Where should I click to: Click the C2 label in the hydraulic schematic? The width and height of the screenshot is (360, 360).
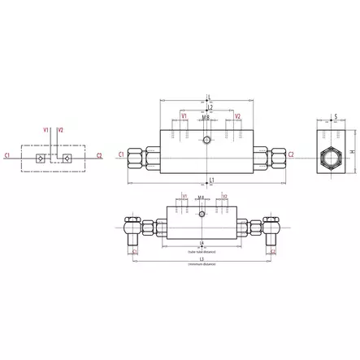pos(100,153)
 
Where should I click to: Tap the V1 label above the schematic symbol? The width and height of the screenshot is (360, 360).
pos(46,128)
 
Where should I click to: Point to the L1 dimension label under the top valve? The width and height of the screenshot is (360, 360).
pos(210,180)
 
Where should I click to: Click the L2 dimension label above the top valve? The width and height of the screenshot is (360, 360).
pos(210,106)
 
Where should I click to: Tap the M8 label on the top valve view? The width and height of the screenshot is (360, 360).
pos(206,118)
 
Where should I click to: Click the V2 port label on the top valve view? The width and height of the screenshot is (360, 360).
pos(237,117)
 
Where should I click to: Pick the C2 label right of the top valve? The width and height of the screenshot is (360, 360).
pos(290,153)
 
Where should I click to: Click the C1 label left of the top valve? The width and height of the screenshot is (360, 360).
pos(121,153)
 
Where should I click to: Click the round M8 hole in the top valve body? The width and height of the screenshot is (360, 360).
pos(209,141)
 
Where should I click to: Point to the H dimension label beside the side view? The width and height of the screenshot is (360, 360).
pos(353,151)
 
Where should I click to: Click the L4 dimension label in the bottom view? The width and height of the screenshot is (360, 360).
pos(202,244)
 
